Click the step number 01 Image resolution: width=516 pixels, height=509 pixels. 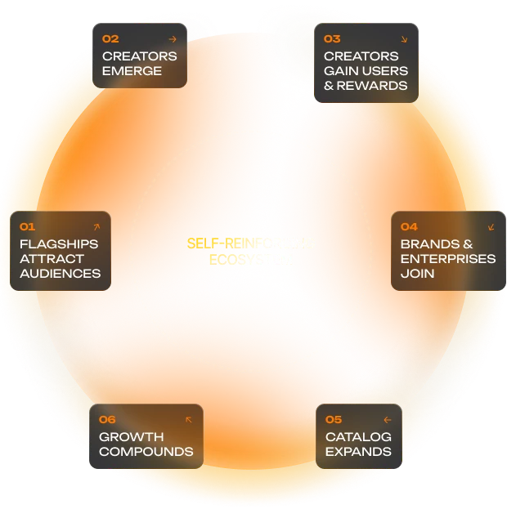pos(27,226)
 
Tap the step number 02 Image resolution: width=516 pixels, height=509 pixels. pos(110,38)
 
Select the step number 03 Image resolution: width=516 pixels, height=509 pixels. pos(332,38)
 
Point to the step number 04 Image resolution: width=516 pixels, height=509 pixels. pos(409,226)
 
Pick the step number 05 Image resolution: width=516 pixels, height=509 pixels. pos(333,419)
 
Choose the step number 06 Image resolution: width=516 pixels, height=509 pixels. pos(107,419)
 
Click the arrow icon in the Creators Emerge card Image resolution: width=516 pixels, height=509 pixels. pos(172,38)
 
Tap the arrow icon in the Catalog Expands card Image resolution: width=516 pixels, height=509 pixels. pos(387,419)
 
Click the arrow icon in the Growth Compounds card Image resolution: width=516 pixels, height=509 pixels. pos(189,419)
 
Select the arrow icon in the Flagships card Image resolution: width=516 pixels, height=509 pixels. pos(96,226)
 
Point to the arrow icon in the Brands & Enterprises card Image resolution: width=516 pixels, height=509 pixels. pos(491,226)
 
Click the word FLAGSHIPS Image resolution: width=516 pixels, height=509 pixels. pos(59,243)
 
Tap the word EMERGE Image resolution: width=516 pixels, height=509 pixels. pos(132,70)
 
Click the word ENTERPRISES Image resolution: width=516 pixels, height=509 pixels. pos(448,258)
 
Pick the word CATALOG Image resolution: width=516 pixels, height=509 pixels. pos(358,436)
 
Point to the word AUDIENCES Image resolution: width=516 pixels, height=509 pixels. pos(60,273)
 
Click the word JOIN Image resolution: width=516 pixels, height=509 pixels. pos(417,273)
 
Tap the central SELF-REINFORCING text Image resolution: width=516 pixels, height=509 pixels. pos(250,243)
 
